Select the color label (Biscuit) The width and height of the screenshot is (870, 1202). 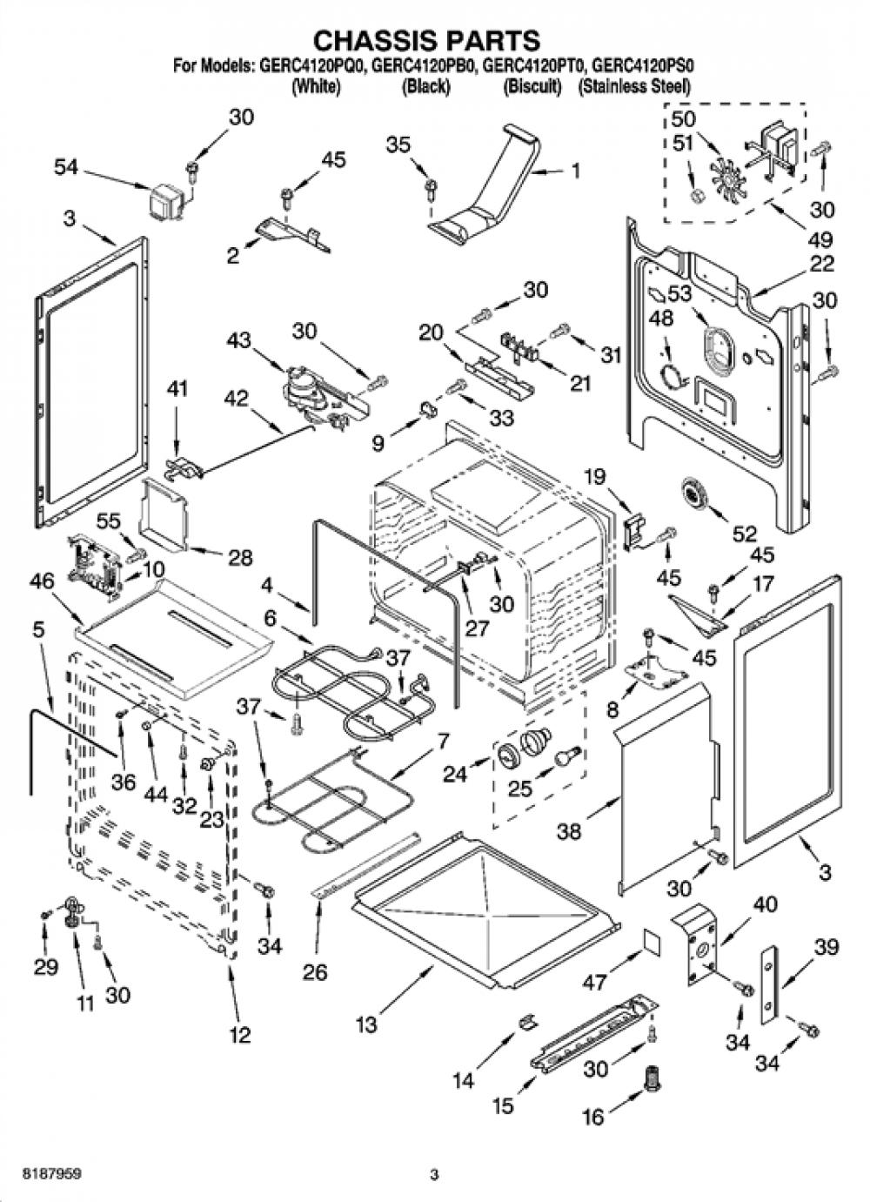click(532, 86)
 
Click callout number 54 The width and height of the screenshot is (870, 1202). click(66, 168)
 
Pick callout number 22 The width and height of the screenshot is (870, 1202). click(821, 264)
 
